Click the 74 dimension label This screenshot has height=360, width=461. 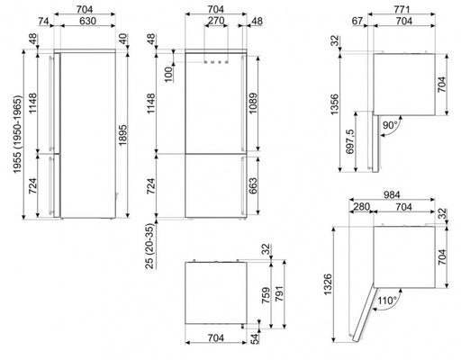(43, 21)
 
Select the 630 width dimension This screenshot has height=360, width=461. (87, 21)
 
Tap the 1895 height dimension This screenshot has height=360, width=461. (122, 135)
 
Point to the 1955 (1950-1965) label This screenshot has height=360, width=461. (18, 134)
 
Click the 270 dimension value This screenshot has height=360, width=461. (216, 21)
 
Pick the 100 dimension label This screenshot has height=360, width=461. (169, 74)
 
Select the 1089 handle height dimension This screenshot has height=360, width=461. (253, 103)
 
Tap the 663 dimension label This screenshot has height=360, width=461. (253, 185)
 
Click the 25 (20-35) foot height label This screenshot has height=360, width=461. (150, 246)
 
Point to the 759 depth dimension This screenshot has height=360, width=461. (266, 295)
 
